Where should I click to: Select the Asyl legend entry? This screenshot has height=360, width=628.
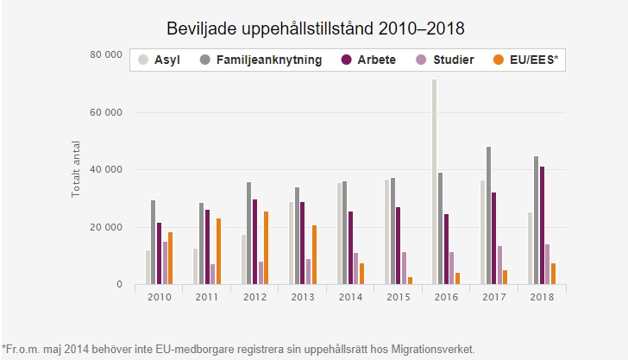click(x=166, y=60)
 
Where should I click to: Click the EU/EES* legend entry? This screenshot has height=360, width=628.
click(x=531, y=60)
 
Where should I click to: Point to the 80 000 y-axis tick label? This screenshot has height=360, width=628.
click(x=105, y=54)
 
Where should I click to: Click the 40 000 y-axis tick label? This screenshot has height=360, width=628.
click(x=105, y=170)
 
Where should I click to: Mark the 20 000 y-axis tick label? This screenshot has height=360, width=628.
click(x=105, y=228)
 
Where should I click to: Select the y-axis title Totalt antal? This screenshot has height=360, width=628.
click(x=76, y=170)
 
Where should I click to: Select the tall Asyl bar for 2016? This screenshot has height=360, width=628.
click(x=434, y=181)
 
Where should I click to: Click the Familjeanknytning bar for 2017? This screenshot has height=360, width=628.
click(x=488, y=215)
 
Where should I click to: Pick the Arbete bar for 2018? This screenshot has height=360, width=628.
click(x=542, y=225)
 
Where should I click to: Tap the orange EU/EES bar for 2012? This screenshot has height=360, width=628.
click(x=266, y=248)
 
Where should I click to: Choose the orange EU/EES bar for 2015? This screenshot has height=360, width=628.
click(x=410, y=281)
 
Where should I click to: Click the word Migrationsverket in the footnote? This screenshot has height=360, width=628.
click(x=433, y=349)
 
